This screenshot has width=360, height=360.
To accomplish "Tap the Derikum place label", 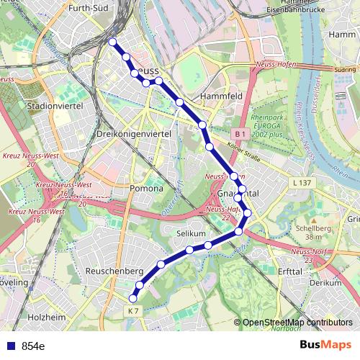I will pyautogui.click(x=325, y=283).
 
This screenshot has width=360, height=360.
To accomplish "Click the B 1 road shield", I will pyautogui.click(x=240, y=135).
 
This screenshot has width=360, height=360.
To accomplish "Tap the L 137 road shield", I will pyautogui.click(x=302, y=184).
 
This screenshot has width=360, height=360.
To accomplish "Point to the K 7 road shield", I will pyautogui.click(x=131, y=310).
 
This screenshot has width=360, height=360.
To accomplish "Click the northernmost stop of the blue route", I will pyautogui.click(x=112, y=42).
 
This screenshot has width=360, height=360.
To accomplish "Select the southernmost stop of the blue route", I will pyautogui.click(x=132, y=298).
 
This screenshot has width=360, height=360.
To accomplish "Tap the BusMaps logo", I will pyautogui.click(x=325, y=345).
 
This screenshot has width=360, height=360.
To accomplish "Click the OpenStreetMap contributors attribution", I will pyautogui.click(x=297, y=323).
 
